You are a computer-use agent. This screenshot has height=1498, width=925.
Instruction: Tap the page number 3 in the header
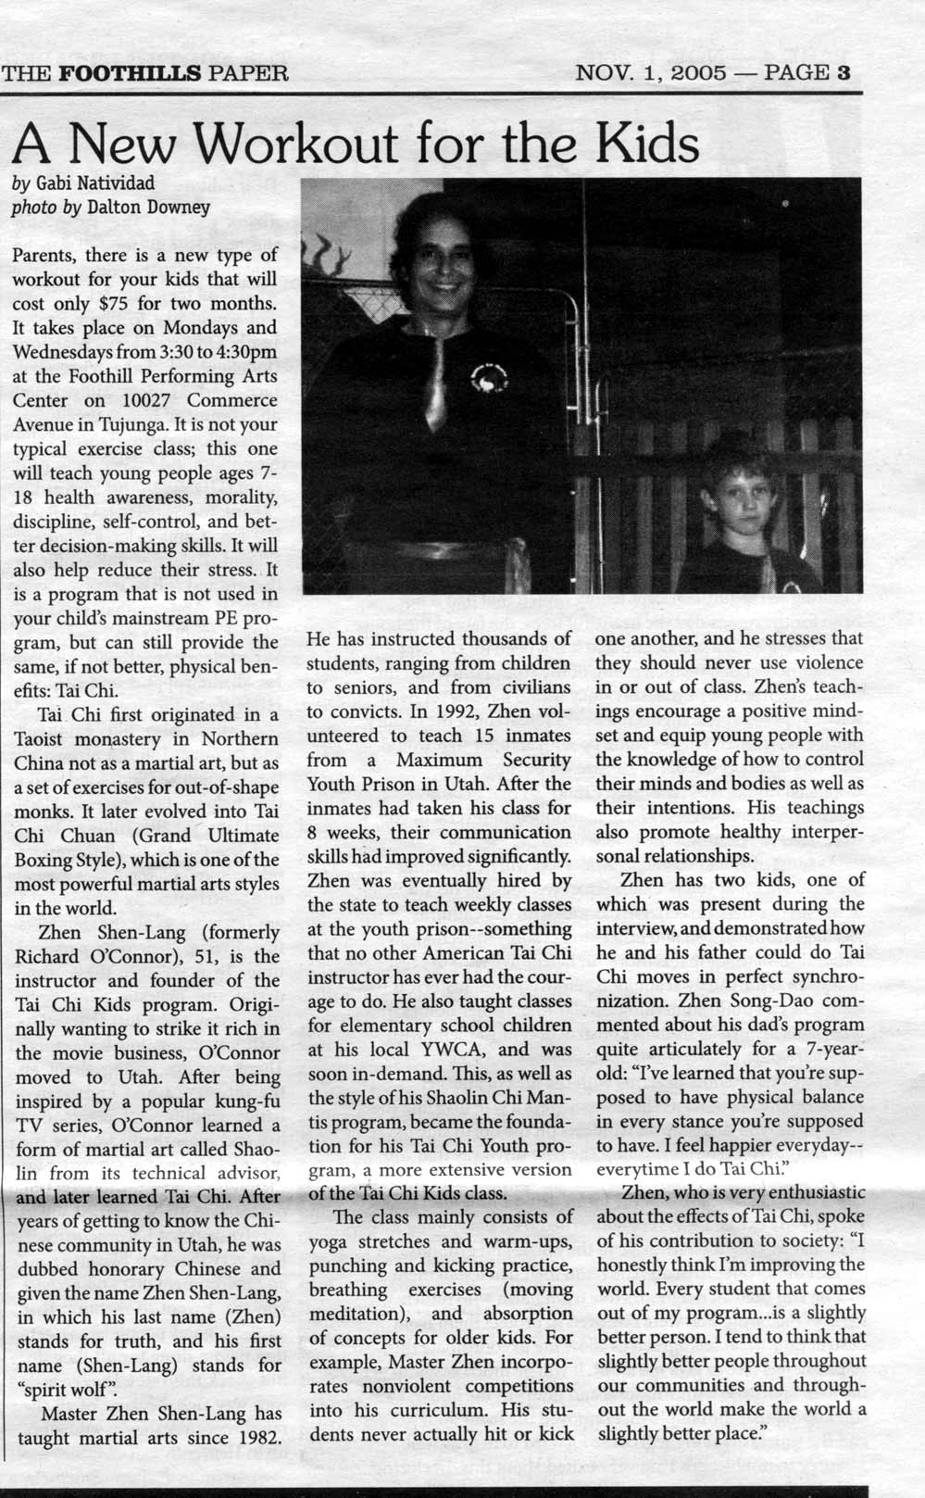[x=844, y=72]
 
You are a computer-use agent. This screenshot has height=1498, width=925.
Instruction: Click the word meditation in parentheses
[x=349, y=1315]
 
